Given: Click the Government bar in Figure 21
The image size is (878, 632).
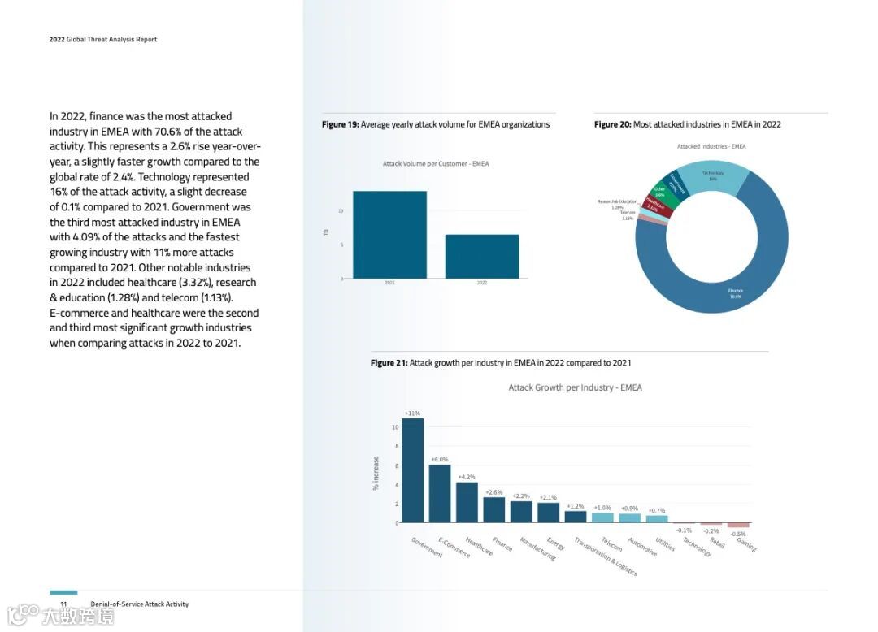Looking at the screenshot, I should tap(412, 470).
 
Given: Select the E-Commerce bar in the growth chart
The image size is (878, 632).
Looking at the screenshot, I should tap(440, 493).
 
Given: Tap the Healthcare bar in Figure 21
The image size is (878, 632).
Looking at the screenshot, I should tap(467, 502).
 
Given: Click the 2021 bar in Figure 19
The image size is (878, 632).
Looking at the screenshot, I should tap(389, 235).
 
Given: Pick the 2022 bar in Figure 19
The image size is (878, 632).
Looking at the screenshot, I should tap(482, 257).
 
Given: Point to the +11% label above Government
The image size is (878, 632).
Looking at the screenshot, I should tap(412, 413).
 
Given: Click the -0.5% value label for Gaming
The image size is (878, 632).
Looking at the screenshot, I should tap(738, 534).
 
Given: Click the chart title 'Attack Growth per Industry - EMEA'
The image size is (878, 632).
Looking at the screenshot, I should tap(575, 387).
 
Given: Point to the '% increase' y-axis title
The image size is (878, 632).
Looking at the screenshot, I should tap(376, 473).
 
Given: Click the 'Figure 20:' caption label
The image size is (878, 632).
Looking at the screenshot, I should tap(612, 124).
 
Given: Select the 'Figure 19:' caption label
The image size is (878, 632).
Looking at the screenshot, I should tap(340, 124).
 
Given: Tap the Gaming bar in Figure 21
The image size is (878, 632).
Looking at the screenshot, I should tap(738, 526).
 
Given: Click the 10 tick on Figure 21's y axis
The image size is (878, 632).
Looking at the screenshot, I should tap(395, 427).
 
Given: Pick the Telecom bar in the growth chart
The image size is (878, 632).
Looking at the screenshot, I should tap(602, 517).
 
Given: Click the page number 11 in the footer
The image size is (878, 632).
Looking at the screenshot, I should tap(63, 604).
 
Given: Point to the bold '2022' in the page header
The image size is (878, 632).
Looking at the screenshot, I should tap(57, 39).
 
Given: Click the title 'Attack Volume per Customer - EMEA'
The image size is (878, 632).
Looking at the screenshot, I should tap(436, 164).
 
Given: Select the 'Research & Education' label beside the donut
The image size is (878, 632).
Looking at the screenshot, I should tap(617, 201).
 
